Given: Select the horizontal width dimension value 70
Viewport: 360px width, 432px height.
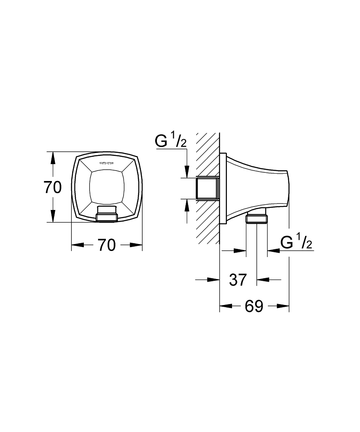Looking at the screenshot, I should [x=106, y=245].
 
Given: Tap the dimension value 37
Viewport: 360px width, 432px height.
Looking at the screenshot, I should [x=238, y=280].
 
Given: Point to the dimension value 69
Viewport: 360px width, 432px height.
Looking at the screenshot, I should [x=254, y=306].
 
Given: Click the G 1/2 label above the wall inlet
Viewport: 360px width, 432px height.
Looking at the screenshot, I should [x=170, y=141].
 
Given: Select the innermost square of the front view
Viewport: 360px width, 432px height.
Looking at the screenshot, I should [x=106, y=187].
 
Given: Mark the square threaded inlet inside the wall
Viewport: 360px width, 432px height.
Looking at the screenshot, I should [x=208, y=188].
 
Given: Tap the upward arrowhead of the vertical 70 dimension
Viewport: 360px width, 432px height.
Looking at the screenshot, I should [x=53, y=159].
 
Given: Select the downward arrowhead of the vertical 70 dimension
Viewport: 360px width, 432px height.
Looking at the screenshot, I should [x=53, y=216].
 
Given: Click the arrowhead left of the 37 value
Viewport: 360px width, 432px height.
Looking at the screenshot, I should [x=213, y=280].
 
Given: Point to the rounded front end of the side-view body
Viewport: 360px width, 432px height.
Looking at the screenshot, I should [x=287, y=188].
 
